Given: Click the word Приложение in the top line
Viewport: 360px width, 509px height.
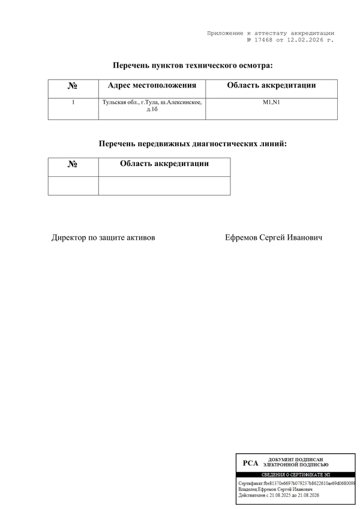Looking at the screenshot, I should click(224, 33).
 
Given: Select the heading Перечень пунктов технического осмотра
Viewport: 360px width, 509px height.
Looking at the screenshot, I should click(193, 65).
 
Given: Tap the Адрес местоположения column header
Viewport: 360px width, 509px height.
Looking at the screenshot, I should click(152, 86).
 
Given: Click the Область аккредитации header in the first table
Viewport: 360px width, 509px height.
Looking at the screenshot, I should click(271, 86).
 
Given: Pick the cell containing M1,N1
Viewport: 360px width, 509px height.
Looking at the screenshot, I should click(271, 103).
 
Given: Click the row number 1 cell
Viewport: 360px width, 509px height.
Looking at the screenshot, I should click(73, 103).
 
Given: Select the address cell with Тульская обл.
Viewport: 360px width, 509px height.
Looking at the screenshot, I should click(152, 106).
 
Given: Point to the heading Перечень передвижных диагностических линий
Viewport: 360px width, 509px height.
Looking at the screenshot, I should click(193, 144).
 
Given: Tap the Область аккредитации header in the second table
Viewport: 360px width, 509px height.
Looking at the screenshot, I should click(164, 164).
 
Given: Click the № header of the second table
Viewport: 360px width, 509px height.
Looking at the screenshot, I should click(73, 164).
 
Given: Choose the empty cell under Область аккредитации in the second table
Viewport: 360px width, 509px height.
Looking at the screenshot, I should click(164, 186).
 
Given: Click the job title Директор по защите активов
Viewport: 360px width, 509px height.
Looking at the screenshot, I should click(103, 238).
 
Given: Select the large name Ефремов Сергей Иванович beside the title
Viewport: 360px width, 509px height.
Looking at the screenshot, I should click(274, 238).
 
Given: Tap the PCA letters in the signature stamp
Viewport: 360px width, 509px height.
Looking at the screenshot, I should click(250, 463).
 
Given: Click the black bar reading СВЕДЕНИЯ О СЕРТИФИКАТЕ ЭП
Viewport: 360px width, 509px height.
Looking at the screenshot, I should click(295, 474).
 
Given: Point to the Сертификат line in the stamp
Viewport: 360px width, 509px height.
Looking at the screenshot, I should click(296, 483).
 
